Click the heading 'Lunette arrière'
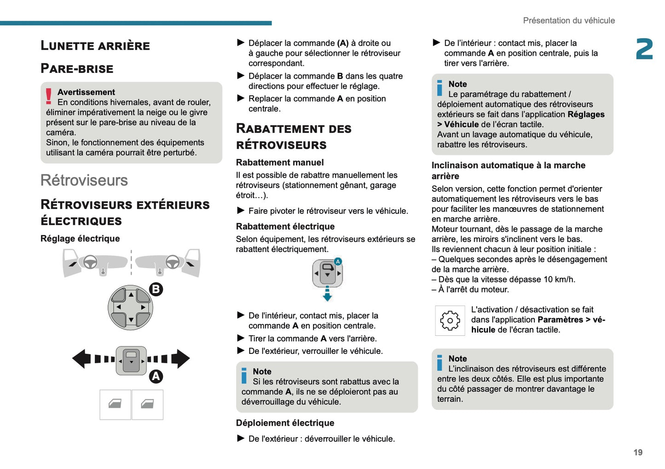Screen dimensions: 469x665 pos(95,46)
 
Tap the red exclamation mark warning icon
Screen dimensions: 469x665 pos(49,96)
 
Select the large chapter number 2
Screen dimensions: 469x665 pos(644,49)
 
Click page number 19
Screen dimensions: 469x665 pos(637,452)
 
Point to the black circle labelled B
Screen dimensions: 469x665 pos(156,289)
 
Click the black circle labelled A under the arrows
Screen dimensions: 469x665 pos(156,376)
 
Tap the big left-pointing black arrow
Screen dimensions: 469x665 pos(82,359)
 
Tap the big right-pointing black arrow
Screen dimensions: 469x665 pos(181,359)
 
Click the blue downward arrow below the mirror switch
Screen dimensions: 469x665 pos(327,294)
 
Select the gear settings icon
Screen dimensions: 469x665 pos(450,320)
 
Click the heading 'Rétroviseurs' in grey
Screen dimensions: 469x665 pos(84,180)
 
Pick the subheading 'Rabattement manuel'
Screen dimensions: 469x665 pos(280,162)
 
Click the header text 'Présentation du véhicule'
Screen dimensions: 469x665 pos(569,20)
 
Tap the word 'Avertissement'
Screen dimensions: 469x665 pos(86,92)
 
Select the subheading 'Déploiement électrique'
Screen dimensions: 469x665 pos(285,423)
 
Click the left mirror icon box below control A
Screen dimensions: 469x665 pos(115,405)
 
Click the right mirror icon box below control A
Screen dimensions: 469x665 pos(148,405)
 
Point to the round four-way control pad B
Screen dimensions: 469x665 pos(130,307)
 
